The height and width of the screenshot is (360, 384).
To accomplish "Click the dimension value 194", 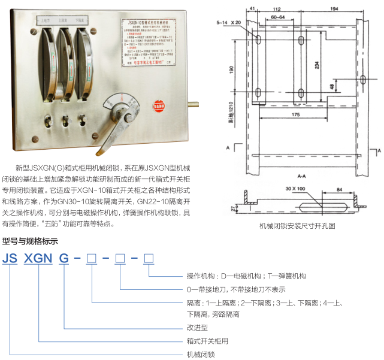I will pos(334,10).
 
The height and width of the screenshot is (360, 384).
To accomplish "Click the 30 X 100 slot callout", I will pos(295,188).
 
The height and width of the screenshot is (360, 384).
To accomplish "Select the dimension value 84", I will pos(339,190).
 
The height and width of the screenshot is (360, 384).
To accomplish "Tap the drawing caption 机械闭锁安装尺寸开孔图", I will pos(297,226).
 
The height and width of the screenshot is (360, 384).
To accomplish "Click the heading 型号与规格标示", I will pos(30,241).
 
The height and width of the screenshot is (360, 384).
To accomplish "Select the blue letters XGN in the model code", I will pos(38,259).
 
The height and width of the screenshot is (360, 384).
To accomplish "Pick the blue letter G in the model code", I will pos(63,259).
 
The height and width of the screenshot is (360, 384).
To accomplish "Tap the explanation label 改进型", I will pos(197,328).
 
